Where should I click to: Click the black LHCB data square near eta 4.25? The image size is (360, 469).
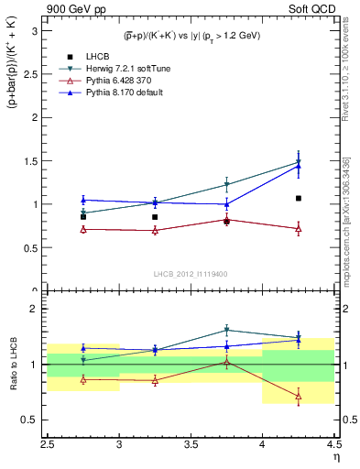[299, 198]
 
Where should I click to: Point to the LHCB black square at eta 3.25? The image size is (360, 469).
[155, 217]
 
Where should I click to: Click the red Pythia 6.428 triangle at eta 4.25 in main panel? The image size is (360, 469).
[299, 229]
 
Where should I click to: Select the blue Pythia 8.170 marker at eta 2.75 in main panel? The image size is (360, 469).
[83, 200]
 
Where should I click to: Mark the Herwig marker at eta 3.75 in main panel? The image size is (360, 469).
[226, 185]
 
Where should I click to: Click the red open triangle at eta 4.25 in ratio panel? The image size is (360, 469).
[299, 396]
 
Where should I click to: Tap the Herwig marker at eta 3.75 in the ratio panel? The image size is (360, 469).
[226, 330]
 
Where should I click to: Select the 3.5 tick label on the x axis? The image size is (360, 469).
[191, 446]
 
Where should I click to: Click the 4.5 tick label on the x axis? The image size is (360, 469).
[333, 446]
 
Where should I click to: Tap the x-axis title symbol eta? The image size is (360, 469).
[336, 459]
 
